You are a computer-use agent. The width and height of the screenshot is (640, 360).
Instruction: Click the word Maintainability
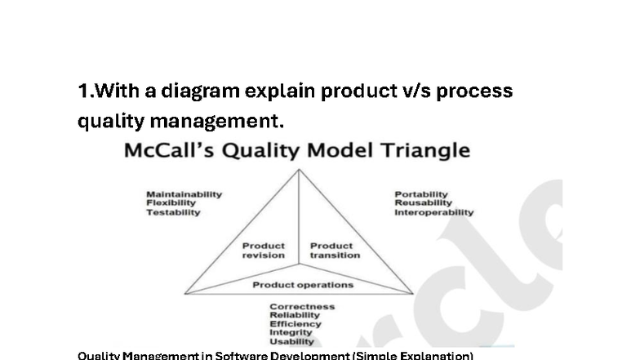pyautogui.click(x=184, y=194)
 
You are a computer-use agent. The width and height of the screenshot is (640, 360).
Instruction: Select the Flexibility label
pyautogui.click(x=171, y=203)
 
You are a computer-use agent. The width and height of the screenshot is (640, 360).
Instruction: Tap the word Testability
pyautogui.click(x=173, y=212)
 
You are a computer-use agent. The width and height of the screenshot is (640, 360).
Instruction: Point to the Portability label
pyautogui.click(x=421, y=194)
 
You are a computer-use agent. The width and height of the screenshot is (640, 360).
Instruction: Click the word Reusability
pyautogui.click(x=423, y=203)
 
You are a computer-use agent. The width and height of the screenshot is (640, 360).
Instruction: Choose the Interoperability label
pyautogui.click(x=433, y=212)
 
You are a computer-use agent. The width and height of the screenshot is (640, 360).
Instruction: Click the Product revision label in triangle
pyautogui.click(x=264, y=250)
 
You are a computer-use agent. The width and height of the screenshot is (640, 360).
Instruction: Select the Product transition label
pyautogui.click(x=334, y=250)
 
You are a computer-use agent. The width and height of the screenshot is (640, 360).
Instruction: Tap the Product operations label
pyautogui.click(x=303, y=285)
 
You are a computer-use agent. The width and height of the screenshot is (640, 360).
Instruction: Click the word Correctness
pyautogui.click(x=302, y=307)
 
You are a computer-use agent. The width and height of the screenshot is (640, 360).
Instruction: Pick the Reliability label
pyautogui.click(x=295, y=315)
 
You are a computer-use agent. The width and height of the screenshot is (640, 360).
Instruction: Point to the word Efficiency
pyautogui.click(x=295, y=324)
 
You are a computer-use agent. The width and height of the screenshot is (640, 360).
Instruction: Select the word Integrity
pyautogui.click(x=291, y=332)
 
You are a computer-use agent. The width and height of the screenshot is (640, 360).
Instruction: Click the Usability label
pyautogui.click(x=291, y=341)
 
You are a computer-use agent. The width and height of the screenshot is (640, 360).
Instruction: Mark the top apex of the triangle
pyautogui.click(x=300, y=170)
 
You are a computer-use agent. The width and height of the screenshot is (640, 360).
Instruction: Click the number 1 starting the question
pyautogui.click(x=82, y=91)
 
